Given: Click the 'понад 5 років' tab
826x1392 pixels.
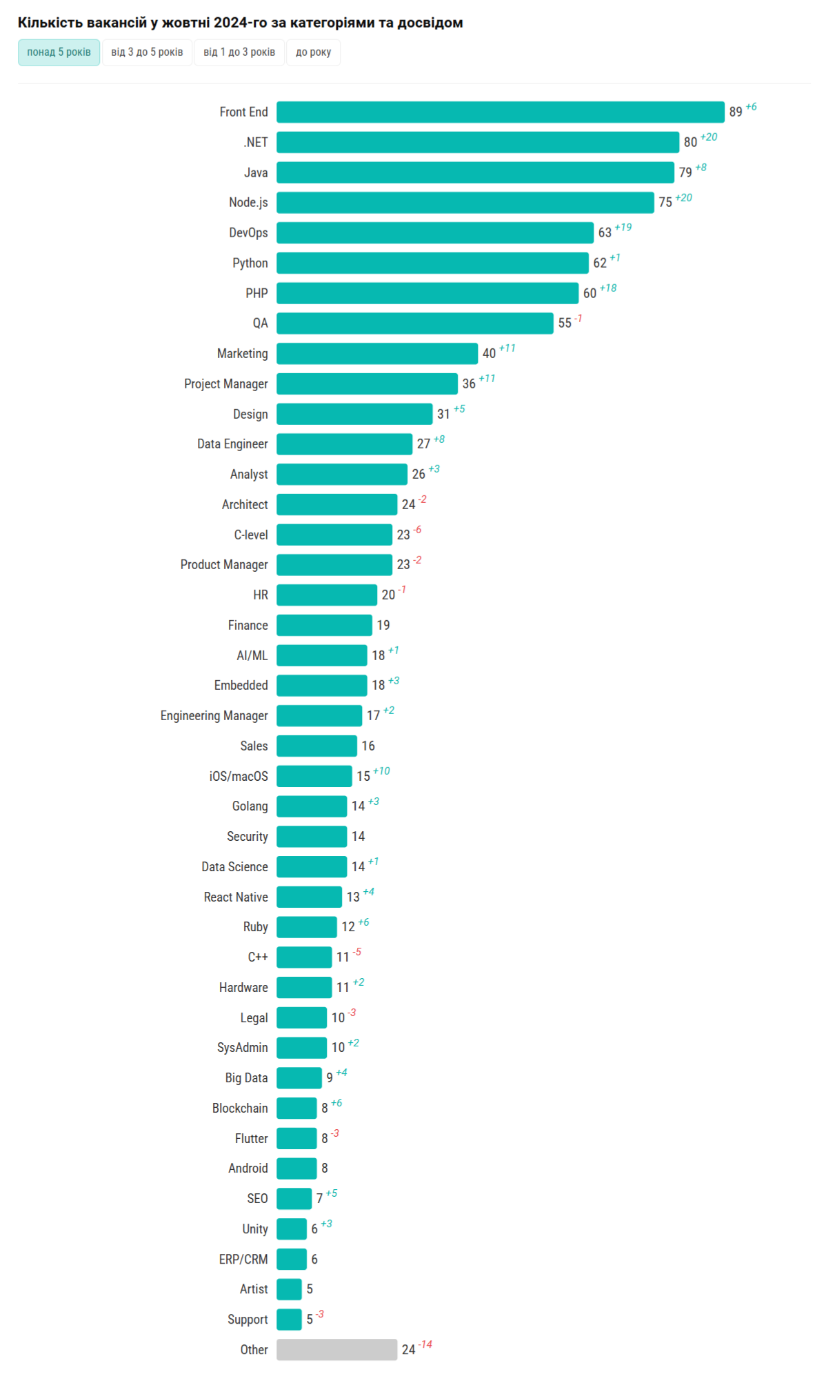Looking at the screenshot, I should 59,52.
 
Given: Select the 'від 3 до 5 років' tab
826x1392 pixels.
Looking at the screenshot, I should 147,52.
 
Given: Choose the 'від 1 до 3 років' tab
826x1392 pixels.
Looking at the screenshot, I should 239,52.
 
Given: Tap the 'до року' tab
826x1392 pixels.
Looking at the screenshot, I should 313,52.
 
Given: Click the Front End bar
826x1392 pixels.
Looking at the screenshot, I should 500,112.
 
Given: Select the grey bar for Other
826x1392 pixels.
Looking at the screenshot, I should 336,1349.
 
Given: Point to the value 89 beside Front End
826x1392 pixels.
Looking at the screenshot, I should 736,112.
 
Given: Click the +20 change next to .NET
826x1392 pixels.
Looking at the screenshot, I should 709,137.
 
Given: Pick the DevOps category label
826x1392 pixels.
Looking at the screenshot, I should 248,232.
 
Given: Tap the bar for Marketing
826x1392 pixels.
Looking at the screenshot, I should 376,353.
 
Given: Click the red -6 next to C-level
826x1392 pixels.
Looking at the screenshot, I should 417,530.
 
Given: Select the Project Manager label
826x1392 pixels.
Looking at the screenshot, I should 225,384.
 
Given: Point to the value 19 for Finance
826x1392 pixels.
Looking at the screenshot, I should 383,625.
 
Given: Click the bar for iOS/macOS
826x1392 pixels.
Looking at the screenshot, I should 314,776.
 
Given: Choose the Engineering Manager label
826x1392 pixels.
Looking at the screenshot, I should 214,715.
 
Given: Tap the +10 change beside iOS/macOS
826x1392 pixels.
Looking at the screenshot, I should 381,771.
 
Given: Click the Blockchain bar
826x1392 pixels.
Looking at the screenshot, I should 296,1108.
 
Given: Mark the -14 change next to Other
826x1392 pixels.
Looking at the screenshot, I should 425,1344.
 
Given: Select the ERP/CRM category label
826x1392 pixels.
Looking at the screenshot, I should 243,1259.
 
